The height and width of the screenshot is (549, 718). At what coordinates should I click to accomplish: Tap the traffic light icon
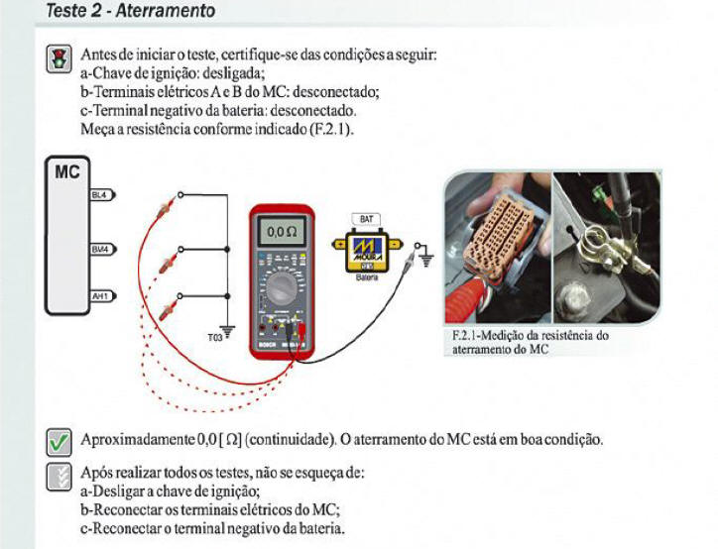tap(59, 58)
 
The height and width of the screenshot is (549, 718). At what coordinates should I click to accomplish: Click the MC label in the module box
tap(67, 172)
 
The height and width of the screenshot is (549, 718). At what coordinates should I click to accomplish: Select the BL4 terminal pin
tap(100, 196)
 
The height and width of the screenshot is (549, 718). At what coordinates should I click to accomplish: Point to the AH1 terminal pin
tap(100, 295)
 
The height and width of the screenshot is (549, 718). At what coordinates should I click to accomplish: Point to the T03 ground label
tap(214, 337)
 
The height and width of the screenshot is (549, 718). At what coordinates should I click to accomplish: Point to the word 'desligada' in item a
tap(229, 73)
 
